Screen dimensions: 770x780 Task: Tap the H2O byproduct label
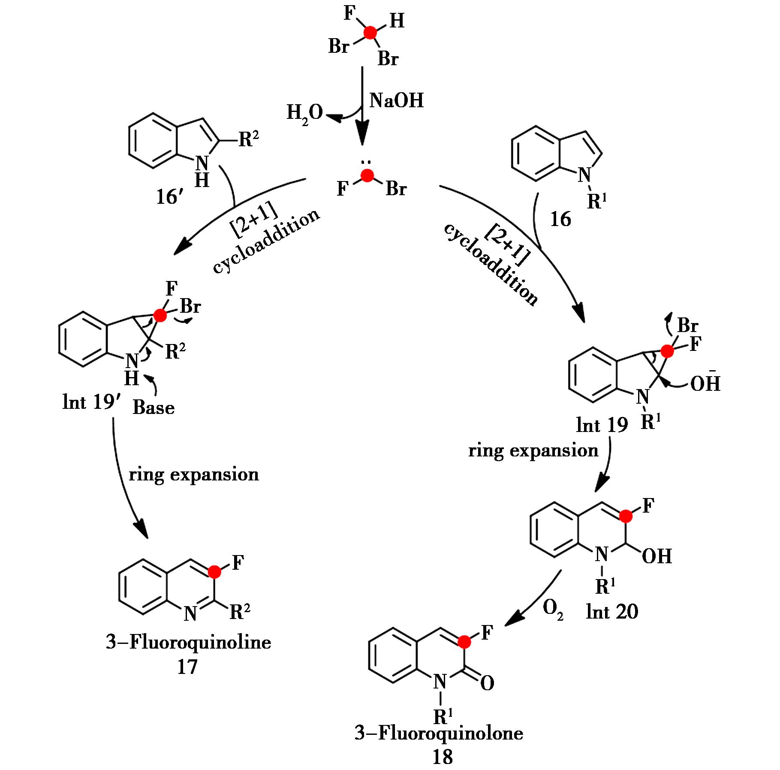[x=304, y=114]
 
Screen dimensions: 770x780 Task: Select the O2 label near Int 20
[x=553, y=610]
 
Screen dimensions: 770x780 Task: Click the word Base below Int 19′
[x=154, y=408]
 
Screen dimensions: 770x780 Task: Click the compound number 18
[x=442, y=757]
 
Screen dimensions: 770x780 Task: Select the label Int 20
[x=612, y=612]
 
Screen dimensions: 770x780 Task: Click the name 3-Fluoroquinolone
[x=439, y=733]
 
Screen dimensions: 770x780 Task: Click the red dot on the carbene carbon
[x=367, y=175]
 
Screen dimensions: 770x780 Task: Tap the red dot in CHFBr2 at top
[x=370, y=33]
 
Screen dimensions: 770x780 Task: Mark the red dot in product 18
[x=464, y=642]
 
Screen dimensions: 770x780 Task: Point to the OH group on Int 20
[x=657, y=557]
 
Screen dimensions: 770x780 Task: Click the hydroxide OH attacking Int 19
[x=705, y=383]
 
